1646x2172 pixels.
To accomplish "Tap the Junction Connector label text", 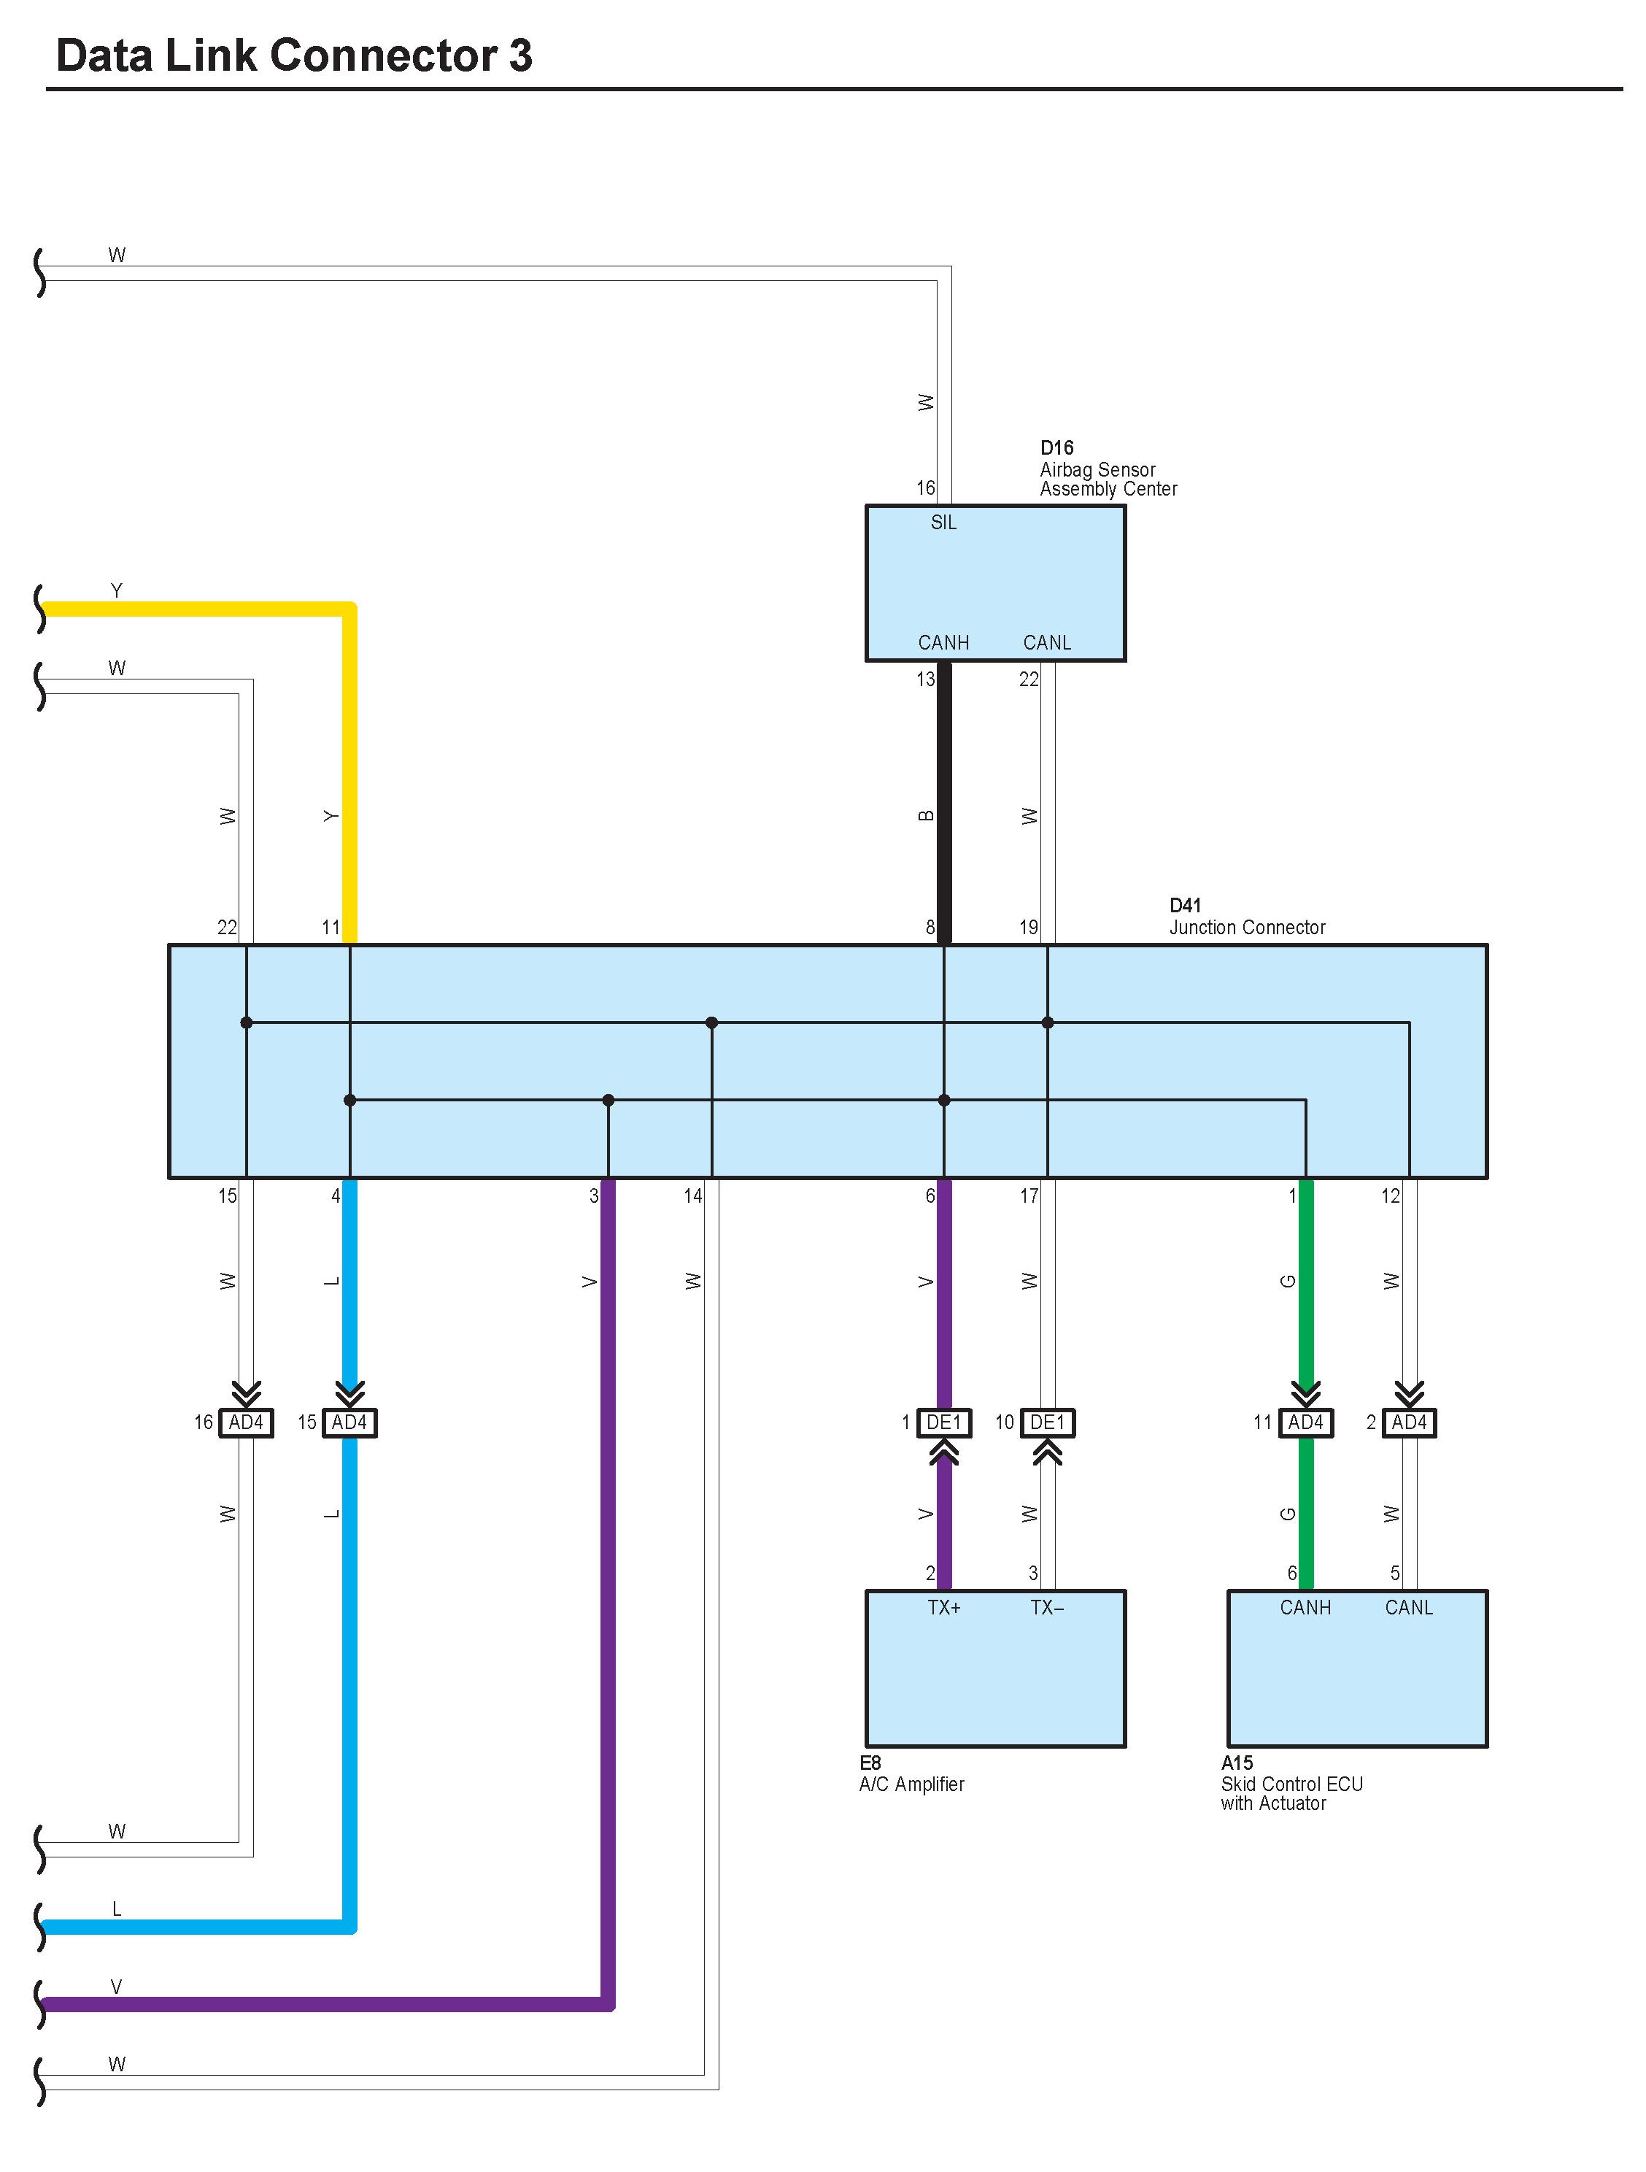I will click(x=1246, y=928).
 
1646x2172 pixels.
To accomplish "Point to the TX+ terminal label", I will click(x=943, y=1607).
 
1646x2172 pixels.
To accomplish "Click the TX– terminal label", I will click(x=1046, y=1607).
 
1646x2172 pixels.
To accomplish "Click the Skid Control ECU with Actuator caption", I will click(x=1291, y=1793).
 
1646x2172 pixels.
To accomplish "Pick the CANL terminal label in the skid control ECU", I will click(x=1408, y=1607).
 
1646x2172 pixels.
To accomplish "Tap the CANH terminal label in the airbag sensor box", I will click(x=943, y=643).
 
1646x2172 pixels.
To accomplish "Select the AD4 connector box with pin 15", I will click(x=349, y=1422).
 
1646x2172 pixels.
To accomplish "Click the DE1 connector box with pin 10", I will click(x=1047, y=1422).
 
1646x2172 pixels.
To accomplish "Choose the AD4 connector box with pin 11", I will click(x=1305, y=1422).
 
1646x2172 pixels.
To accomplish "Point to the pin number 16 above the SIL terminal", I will click(x=926, y=488).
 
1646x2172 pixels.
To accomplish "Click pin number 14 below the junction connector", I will click(x=693, y=1196).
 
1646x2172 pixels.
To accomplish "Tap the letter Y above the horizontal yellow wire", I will click(x=117, y=591).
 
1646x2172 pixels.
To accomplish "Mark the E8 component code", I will click(x=870, y=1763).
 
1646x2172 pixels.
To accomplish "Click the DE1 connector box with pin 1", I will click(x=943, y=1422).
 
